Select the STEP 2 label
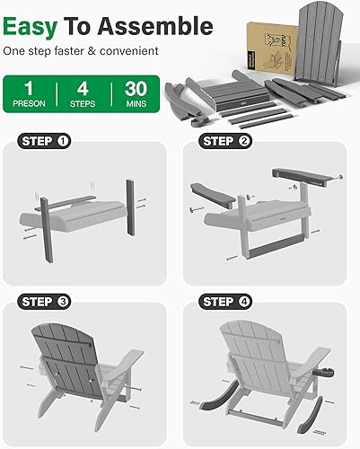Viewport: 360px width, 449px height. point(228,141)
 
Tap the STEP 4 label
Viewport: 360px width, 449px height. point(228,302)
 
